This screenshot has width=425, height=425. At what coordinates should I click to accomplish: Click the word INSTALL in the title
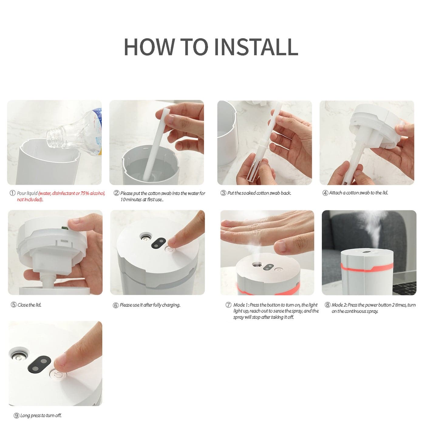[256, 47]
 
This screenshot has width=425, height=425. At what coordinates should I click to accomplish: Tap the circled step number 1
[12, 193]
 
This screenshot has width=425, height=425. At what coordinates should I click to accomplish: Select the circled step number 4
[325, 193]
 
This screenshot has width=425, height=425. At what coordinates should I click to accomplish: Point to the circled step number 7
[228, 305]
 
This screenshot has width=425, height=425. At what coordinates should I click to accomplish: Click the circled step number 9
[16, 416]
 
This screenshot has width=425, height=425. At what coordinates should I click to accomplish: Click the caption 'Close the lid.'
[29, 305]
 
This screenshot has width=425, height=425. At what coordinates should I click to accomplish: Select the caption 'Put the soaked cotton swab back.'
[259, 193]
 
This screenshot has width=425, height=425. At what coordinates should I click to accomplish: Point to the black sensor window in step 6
[158, 243]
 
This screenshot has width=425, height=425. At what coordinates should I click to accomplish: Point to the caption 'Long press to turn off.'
[41, 416]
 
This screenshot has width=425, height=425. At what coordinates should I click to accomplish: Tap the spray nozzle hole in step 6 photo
[145, 238]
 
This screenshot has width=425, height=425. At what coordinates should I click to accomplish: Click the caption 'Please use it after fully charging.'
[150, 305]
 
